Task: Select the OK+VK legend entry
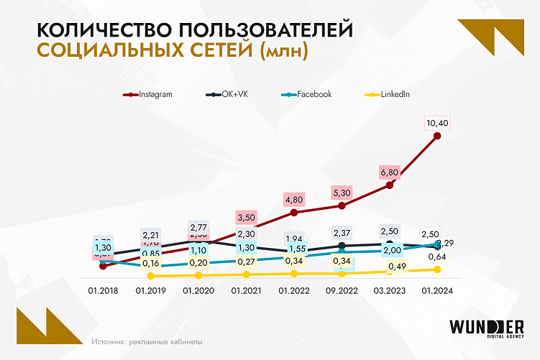click(x=225, y=94)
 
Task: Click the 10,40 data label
click(x=438, y=124)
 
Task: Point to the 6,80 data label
click(x=389, y=173)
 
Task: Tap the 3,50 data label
click(x=246, y=217)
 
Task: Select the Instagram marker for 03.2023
click(x=390, y=185)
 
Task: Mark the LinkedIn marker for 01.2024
click(x=438, y=269)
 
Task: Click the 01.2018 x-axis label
click(x=103, y=290)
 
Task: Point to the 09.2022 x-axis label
click(x=342, y=290)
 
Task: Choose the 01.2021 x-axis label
click(x=246, y=290)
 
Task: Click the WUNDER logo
click(x=487, y=327)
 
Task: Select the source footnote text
click(x=147, y=341)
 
